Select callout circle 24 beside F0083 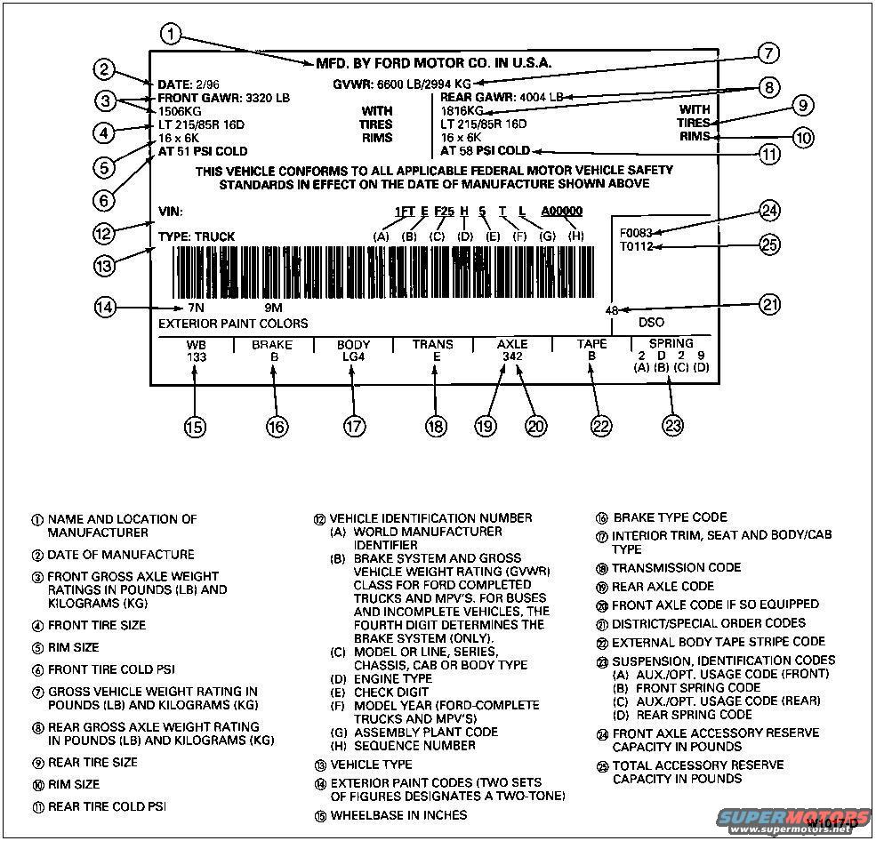(768, 211)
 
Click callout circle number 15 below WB (195, 426)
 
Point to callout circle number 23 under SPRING (673, 426)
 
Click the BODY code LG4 (354, 356)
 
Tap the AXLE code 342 (512, 356)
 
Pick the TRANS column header (433, 344)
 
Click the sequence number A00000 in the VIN (561, 212)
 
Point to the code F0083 (637, 233)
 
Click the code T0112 (637, 246)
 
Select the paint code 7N (183, 308)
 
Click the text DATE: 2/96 (189, 84)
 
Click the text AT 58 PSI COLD (486, 151)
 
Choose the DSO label (651, 323)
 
